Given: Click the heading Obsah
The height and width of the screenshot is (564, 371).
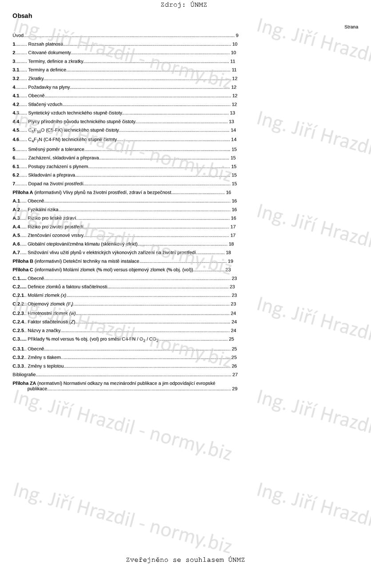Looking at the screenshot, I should pos(22,16).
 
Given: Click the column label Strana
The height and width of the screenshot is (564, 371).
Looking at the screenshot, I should pos(351,27).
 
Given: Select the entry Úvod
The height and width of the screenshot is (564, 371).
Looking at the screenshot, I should pos(18,36).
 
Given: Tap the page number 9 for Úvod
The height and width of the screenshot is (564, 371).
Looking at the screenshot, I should pos(237,36).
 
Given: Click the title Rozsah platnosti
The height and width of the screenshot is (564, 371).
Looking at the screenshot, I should pos(45,44).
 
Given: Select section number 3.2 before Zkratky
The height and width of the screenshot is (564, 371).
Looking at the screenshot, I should pos(16,79).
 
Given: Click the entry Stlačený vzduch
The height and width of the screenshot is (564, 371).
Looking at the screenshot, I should pos(45,104).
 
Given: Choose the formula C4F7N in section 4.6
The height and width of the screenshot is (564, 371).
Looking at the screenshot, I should pos(35,140).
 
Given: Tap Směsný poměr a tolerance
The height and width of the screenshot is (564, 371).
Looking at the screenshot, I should pos(56,149).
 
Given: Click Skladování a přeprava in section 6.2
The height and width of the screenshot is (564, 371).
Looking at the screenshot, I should pos(52,175).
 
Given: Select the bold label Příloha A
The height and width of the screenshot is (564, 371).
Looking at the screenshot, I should pos(23,192).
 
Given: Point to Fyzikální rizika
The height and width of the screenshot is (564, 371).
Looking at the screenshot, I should pos(43,210).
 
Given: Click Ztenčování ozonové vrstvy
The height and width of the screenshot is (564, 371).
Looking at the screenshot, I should pos(56,236).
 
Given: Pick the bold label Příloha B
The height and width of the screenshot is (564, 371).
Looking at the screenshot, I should pos(23,261).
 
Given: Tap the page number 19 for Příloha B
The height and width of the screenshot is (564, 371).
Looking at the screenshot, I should pos(230,261).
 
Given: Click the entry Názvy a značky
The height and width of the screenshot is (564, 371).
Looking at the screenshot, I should pos(44,331).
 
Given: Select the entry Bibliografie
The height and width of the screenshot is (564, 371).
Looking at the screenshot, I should pos(24,375).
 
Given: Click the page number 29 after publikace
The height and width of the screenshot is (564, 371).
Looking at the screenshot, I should pos(235,389).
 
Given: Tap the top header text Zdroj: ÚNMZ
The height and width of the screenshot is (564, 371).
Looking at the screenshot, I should pos(184,5).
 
